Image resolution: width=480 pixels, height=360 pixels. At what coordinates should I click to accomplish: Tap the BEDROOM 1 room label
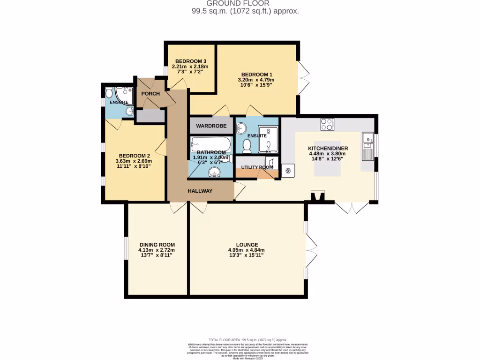(x=256, y=75)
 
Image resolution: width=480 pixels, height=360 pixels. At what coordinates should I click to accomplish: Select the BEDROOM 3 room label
(x=191, y=61)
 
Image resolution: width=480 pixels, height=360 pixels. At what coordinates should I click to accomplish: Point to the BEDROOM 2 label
(x=134, y=156)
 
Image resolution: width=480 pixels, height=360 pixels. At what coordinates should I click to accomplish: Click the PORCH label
(x=150, y=94)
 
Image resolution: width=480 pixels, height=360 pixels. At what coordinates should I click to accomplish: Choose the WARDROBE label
(x=211, y=126)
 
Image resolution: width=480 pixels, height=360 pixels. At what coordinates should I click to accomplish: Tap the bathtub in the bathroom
(x=210, y=143)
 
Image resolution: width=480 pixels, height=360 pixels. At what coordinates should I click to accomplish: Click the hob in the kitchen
(x=327, y=124)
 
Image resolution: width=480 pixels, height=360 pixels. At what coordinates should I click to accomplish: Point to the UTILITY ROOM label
(x=256, y=167)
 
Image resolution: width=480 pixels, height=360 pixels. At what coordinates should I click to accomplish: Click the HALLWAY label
(x=200, y=191)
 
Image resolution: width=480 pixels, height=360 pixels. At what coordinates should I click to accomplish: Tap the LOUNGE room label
(x=247, y=245)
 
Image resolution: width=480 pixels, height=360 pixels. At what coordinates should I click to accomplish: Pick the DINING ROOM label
(x=157, y=245)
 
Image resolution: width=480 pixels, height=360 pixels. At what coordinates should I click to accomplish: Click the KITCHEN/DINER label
(x=328, y=149)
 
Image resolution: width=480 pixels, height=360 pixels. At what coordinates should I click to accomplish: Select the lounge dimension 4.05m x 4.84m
(x=247, y=250)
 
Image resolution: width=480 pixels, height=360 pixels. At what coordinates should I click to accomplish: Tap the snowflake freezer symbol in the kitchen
(x=287, y=171)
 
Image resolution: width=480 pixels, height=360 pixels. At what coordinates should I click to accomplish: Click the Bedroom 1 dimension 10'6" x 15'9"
(x=256, y=86)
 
